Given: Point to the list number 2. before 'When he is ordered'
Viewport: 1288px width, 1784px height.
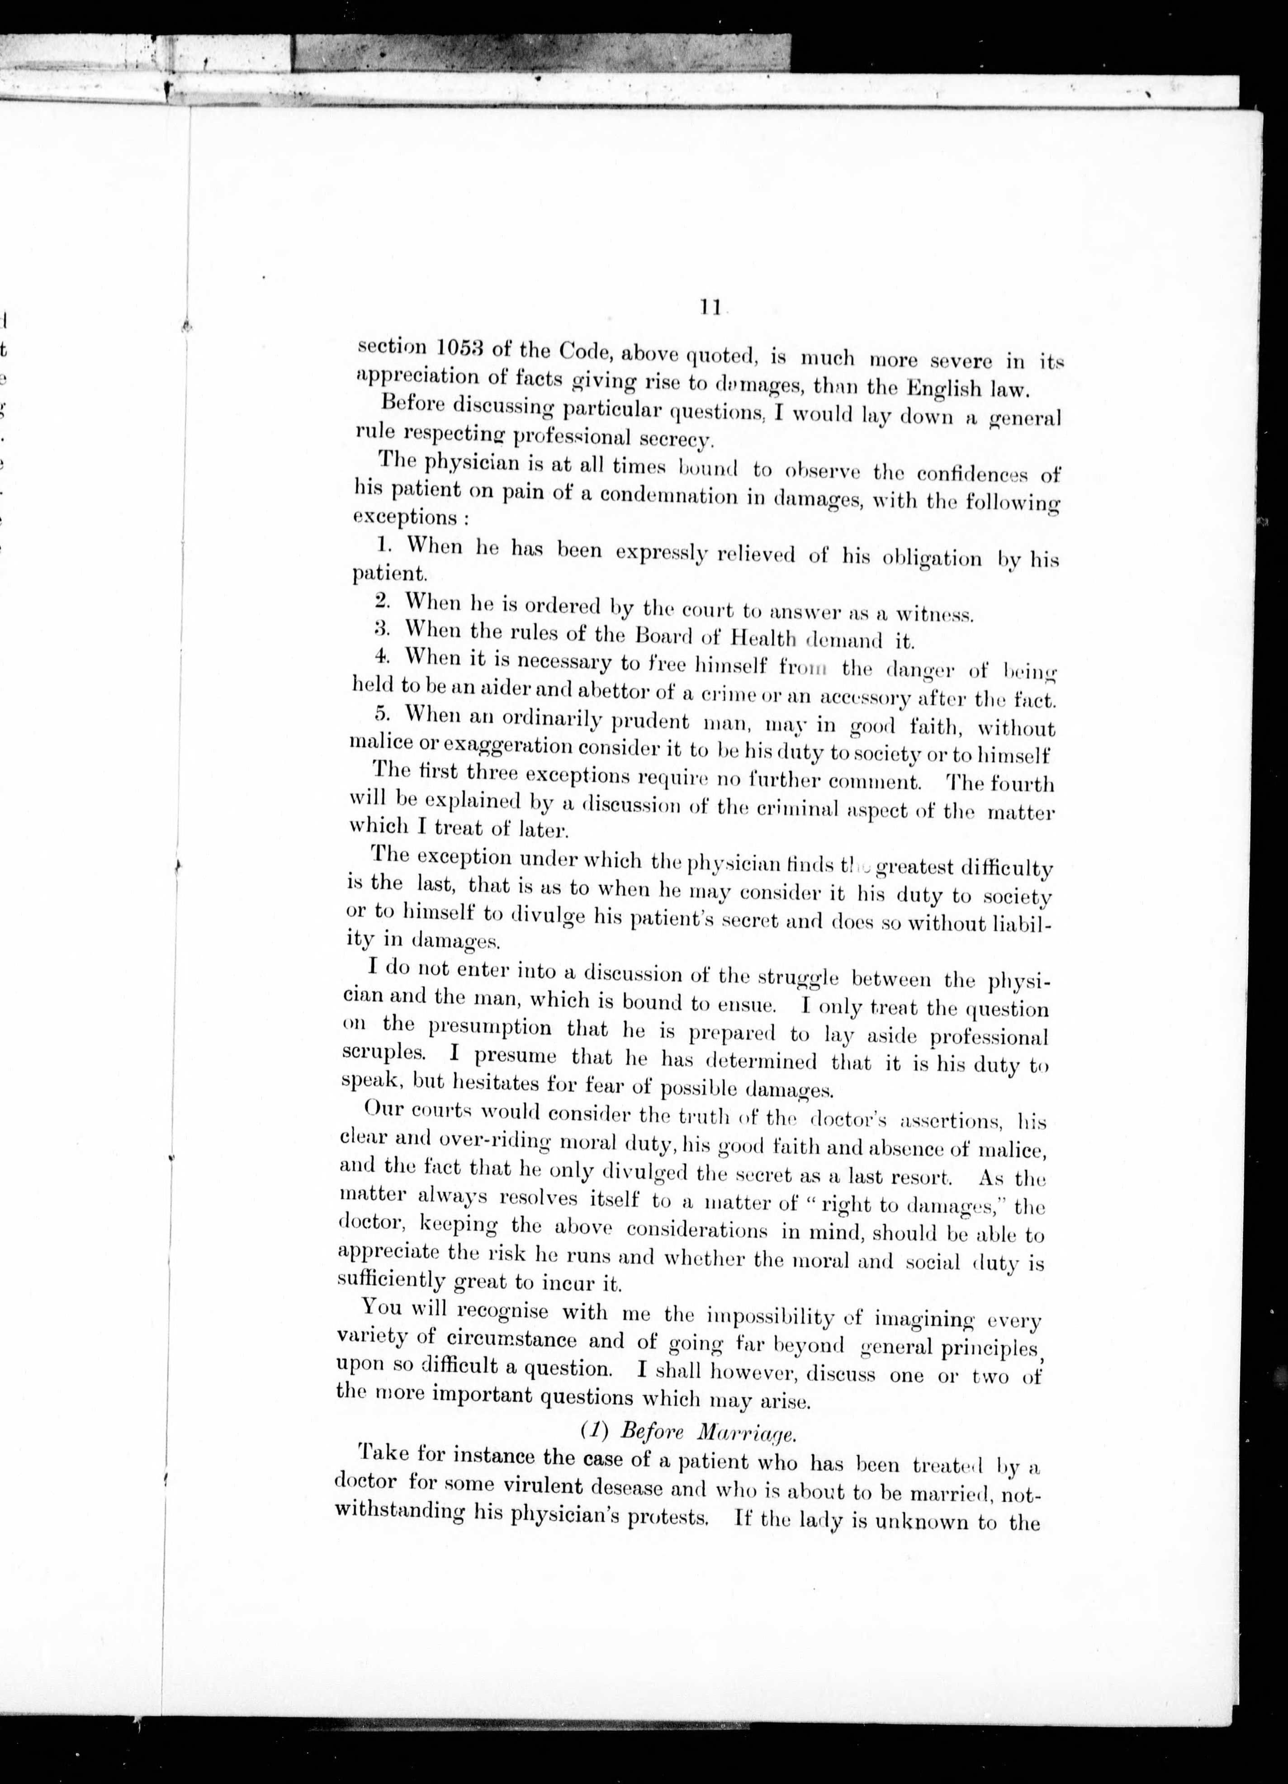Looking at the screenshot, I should [x=384, y=600].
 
